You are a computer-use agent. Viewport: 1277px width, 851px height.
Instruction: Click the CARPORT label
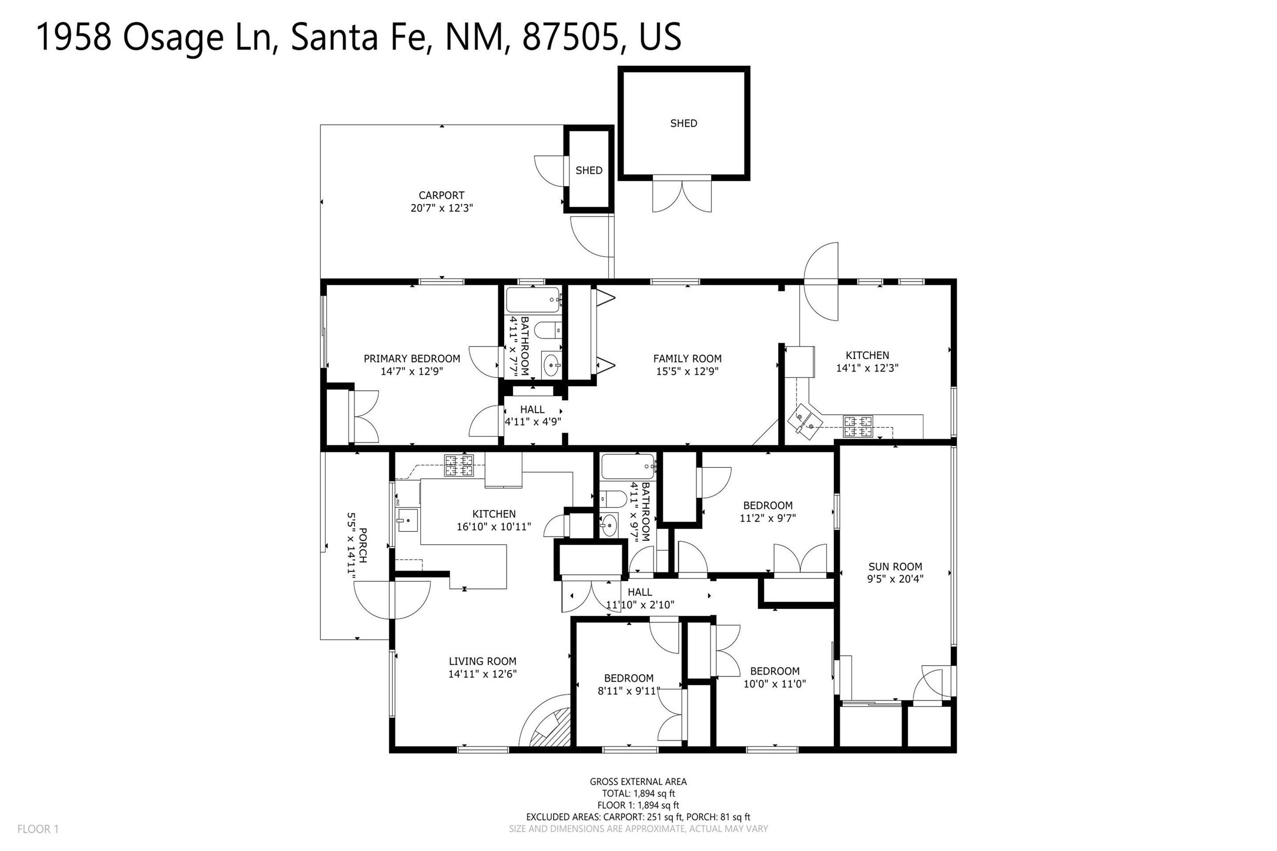point(441,195)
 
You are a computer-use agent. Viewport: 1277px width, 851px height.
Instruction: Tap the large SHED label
point(683,123)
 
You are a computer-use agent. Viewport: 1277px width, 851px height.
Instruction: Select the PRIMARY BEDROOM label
point(412,359)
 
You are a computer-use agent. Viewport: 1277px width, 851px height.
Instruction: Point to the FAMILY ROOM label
point(687,359)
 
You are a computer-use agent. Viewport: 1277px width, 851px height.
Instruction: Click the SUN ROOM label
point(895,567)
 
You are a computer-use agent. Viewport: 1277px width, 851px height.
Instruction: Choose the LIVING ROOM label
point(482,661)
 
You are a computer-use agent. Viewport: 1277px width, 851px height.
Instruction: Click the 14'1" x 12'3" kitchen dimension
point(867,368)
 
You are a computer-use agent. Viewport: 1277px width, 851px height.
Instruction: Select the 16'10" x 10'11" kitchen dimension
point(494,527)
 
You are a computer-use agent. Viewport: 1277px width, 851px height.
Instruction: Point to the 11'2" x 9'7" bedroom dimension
point(767,518)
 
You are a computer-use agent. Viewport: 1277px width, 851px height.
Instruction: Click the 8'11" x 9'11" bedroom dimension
point(629,691)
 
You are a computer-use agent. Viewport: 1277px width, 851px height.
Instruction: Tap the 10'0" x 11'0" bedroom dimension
point(775,684)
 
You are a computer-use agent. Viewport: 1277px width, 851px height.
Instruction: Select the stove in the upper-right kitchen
point(858,427)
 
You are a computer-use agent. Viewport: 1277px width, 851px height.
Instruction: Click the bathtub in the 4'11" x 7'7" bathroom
point(533,300)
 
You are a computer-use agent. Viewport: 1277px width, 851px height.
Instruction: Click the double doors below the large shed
point(682,195)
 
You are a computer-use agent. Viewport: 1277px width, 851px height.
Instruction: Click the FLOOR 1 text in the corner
point(38,829)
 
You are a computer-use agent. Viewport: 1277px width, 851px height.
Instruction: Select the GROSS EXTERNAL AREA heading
point(638,782)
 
